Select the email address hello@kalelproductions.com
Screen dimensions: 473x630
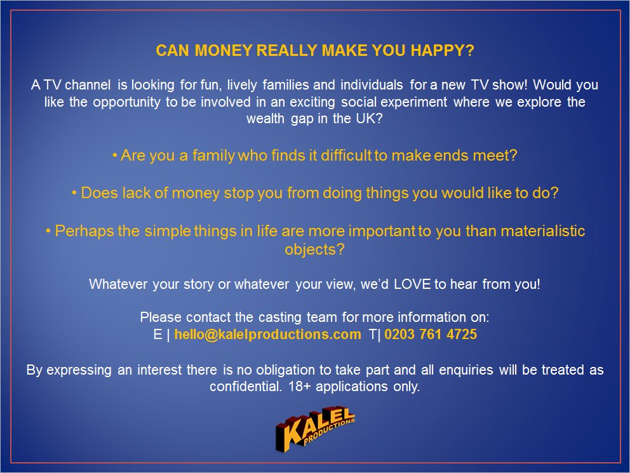tap(267, 335)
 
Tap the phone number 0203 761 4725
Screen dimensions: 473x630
tap(431, 335)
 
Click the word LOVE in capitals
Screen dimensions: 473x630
tap(412, 284)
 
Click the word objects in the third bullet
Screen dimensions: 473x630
tap(315, 250)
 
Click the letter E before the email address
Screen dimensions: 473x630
tap(157, 335)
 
